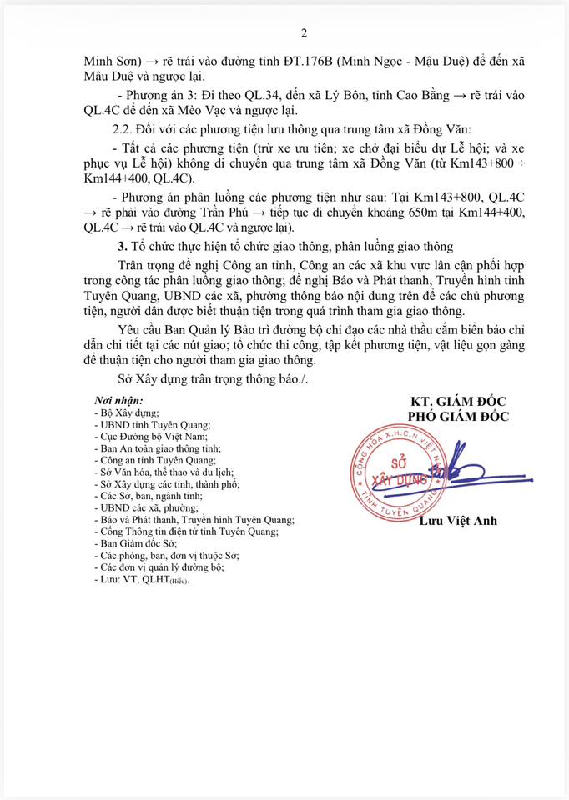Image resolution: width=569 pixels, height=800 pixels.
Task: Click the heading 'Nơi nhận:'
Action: (x=118, y=400)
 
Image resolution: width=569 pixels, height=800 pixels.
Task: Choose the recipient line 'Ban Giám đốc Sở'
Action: (x=136, y=543)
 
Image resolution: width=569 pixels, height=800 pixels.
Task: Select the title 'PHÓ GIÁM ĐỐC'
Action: (x=457, y=417)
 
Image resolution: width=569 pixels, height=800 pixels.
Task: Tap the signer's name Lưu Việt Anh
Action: (x=457, y=521)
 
